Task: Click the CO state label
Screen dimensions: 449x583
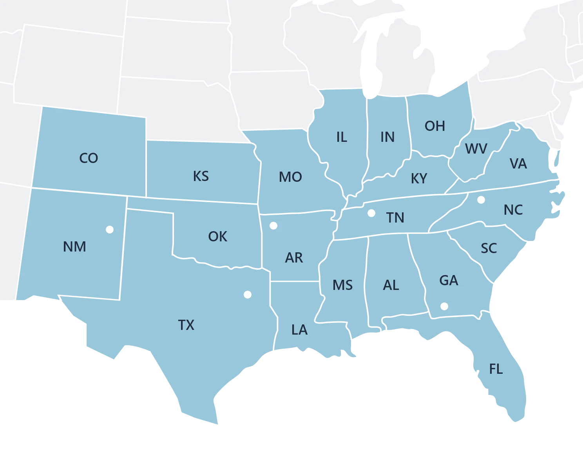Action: click(89, 158)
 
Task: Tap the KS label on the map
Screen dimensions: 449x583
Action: click(201, 176)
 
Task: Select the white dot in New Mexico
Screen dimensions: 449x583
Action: click(110, 230)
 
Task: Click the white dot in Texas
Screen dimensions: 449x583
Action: click(247, 295)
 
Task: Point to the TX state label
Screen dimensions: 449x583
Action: click(186, 325)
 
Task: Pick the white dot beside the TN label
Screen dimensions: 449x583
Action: click(371, 213)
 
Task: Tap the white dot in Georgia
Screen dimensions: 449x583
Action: click(444, 306)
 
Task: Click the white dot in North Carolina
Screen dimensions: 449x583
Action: click(481, 200)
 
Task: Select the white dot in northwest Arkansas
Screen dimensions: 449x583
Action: click(273, 226)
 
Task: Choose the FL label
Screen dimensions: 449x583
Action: click(496, 369)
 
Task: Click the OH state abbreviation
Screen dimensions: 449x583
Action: click(435, 126)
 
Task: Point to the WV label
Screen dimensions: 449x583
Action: click(476, 149)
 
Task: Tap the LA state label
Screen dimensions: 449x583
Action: click(299, 330)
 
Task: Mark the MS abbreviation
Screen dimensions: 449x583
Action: click(342, 285)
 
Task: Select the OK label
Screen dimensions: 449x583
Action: click(217, 237)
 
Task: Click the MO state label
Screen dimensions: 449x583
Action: click(290, 177)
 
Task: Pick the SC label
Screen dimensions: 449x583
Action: click(489, 248)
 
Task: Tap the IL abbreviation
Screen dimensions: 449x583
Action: click(342, 137)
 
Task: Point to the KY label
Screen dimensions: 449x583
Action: click(419, 179)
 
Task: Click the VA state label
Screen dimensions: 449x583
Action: click(518, 164)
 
